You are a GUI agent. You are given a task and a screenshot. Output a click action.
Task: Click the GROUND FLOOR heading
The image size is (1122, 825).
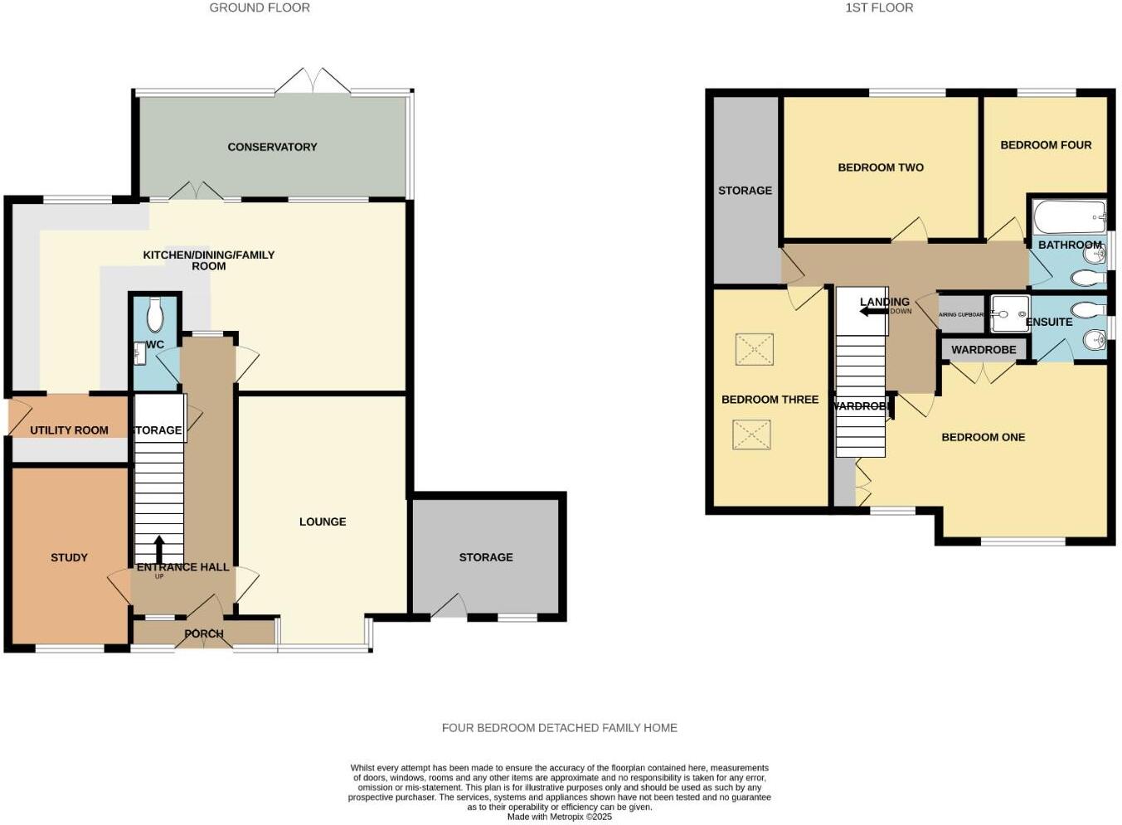coord(260,7)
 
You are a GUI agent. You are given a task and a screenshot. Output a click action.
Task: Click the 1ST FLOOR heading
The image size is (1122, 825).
coord(879,7)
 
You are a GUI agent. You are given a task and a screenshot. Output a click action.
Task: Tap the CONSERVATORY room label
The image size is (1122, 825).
coord(272,147)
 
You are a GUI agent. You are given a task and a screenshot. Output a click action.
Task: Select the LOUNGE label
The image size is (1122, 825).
coord(323,522)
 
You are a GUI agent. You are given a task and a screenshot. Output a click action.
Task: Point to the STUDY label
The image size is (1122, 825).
coord(69,557)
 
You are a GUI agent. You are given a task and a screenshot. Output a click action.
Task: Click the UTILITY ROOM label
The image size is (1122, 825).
coord(69,429)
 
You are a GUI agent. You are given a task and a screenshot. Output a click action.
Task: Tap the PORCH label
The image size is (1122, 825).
coord(204,633)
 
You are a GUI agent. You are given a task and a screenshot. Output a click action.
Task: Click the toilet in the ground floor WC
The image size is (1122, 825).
coord(154,314)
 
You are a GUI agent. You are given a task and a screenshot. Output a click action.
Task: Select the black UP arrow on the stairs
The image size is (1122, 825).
coord(158,549)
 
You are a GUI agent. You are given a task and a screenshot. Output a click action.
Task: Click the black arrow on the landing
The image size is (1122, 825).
coord(873,312)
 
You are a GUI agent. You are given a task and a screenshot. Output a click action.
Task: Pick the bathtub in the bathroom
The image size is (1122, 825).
coord(1070,217)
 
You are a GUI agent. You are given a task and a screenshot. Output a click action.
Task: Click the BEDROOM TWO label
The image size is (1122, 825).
coord(881,167)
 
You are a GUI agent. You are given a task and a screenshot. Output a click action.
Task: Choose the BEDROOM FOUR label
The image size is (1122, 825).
coord(1046,145)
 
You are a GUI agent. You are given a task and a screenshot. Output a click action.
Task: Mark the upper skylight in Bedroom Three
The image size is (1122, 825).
coord(754,349)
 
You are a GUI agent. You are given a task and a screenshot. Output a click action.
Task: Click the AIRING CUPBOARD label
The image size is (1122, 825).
coord(961,315)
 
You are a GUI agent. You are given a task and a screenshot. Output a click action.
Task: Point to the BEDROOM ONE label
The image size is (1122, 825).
coord(983,437)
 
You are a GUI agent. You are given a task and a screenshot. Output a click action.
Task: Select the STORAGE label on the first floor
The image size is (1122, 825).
coord(745,191)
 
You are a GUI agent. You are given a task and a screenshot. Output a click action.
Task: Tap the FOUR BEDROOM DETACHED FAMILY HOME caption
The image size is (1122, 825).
coord(559,728)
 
